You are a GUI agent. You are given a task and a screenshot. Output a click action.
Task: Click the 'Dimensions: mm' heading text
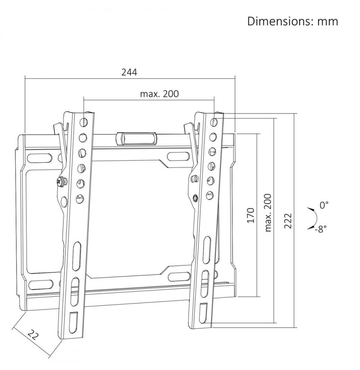pos(292,21)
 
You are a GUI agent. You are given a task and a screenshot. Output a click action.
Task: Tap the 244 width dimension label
pos(129,72)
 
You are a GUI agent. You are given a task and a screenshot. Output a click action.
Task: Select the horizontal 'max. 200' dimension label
pos(159,94)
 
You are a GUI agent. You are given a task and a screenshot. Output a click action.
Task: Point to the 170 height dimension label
pos(251,215)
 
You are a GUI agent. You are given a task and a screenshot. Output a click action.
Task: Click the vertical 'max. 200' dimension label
pos(268,213)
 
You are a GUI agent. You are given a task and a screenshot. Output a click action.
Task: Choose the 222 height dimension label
pos(288,221)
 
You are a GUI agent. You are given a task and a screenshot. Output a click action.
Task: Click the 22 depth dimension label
pos(32,334)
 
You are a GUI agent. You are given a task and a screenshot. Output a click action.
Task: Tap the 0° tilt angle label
pos(324,205)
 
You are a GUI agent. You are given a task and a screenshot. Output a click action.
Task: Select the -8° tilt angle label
pos(320,229)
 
